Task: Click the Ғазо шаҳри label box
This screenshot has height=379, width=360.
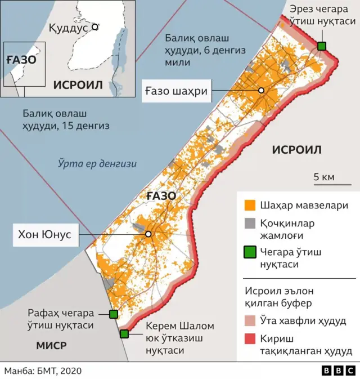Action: pos(176,91)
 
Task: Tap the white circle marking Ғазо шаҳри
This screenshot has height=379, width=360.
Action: pos(261,91)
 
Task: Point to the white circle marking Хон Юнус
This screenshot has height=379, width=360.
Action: pos(148,234)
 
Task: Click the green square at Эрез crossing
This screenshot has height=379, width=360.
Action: pos(321,46)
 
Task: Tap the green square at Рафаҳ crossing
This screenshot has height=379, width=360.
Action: pos(113,314)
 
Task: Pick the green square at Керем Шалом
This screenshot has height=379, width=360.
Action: pos(124,334)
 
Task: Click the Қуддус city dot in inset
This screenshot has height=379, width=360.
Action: pos(95,26)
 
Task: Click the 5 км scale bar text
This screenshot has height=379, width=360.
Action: pos(324,177)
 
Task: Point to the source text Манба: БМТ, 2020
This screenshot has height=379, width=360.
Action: pos(43,371)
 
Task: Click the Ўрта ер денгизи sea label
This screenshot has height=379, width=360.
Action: pos(98,163)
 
